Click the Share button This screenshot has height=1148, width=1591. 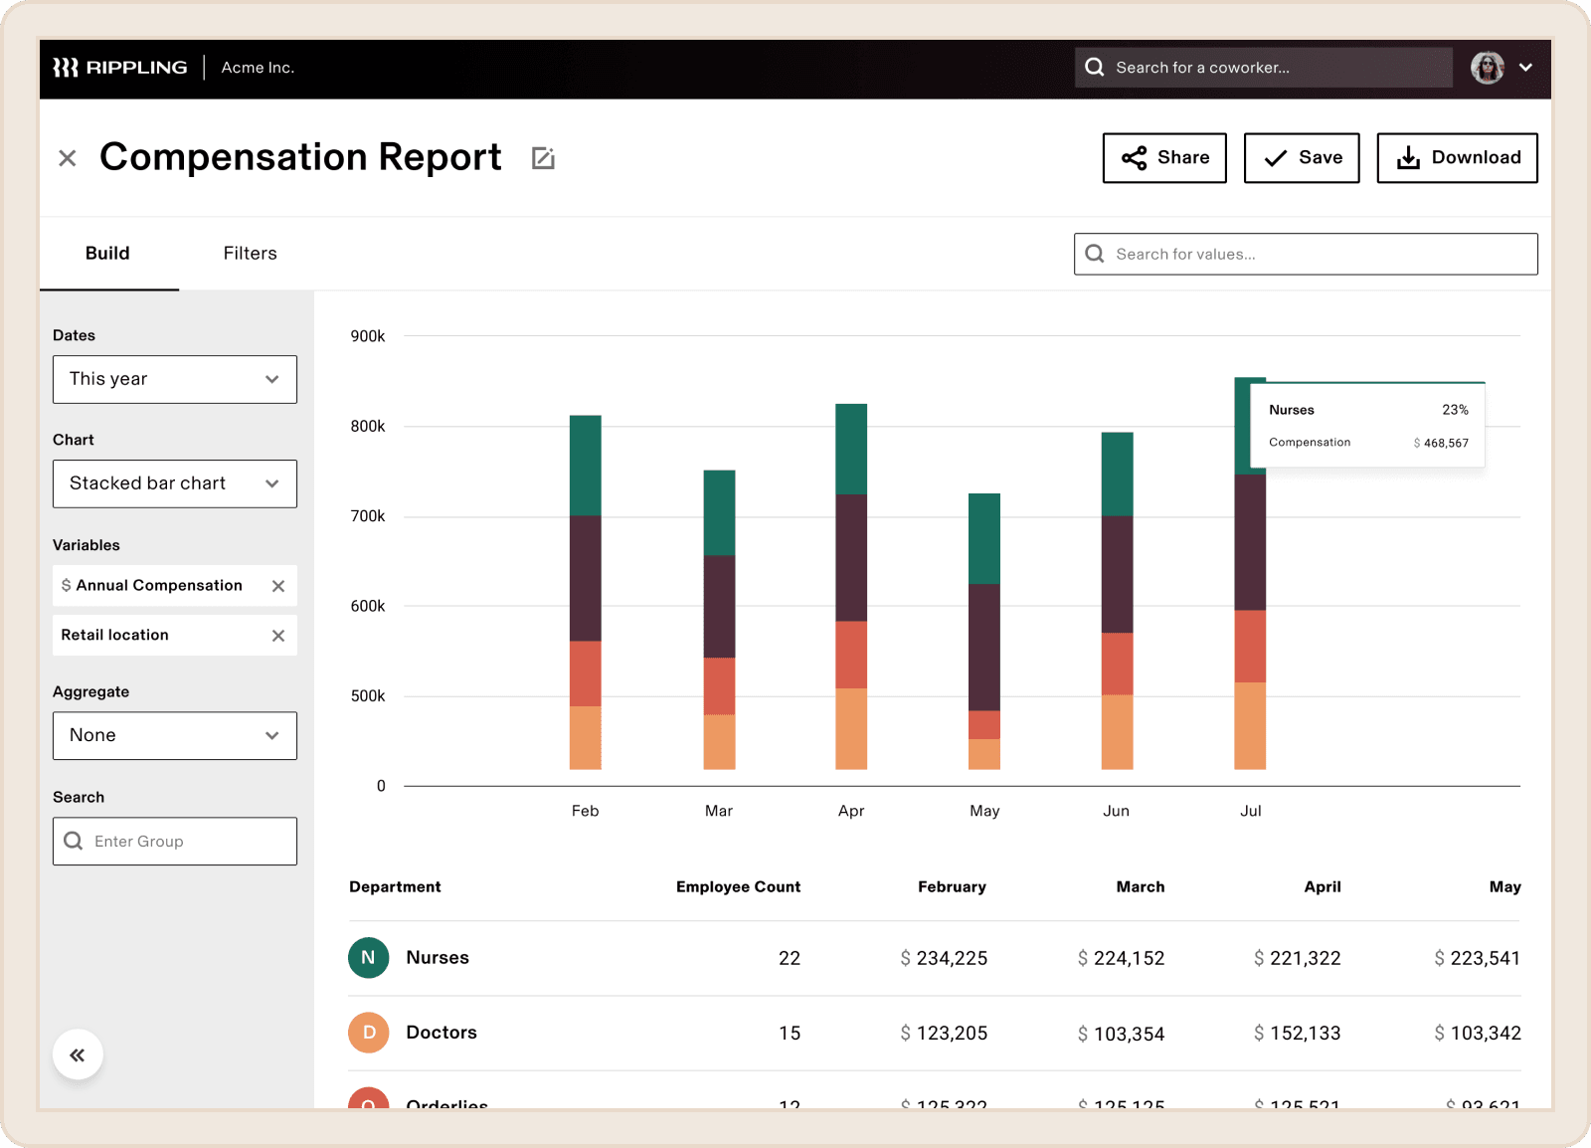tap(1164, 158)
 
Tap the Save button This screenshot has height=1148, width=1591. tap(1302, 158)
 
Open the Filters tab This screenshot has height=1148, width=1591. tap(250, 254)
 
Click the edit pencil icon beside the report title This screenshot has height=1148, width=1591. tap(543, 158)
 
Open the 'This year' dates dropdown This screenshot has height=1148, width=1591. tap(175, 379)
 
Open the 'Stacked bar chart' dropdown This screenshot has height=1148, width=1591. tap(175, 483)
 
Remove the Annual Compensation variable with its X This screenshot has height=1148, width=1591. tap(278, 586)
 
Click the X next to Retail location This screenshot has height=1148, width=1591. tap(278, 636)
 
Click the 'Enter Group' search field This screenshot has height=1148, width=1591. tap(175, 842)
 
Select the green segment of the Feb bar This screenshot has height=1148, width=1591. tap(586, 465)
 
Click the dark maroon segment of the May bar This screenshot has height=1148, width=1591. tap(984, 647)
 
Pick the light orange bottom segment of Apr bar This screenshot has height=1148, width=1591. tap(851, 728)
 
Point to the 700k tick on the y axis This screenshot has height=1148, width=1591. tap(368, 516)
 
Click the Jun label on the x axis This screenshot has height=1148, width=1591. tap(1116, 811)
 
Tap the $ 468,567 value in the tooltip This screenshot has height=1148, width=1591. tap(1445, 444)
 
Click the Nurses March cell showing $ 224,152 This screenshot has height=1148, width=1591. tap(1121, 958)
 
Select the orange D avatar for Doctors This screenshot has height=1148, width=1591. tap(369, 1033)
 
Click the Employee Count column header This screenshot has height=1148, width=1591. tap(738, 886)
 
